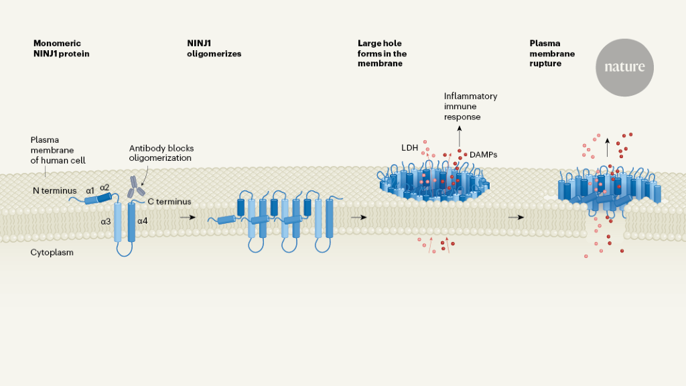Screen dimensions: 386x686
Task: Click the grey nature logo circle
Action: click(x=624, y=67)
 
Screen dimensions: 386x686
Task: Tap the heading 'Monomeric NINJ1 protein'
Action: click(x=61, y=49)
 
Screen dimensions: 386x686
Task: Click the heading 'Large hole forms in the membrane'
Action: click(x=382, y=54)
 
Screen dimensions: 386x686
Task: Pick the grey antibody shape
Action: click(x=137, y=187)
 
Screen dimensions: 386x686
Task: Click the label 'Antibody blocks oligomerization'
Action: click(x=160, y=153)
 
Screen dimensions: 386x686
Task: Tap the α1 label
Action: click(x=90, y=190)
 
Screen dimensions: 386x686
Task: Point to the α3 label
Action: click(x=107, y=220)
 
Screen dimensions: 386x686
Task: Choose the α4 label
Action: click(x=142, y=220)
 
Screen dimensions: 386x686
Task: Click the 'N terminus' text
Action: click(x=54, y=191)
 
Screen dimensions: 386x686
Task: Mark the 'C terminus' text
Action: click(x=169, y=201)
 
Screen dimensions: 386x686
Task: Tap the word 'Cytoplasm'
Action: click(x=52, y=253)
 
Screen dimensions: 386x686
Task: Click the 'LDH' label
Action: click(x=410, y=146)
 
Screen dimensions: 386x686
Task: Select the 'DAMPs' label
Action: click(x=483, y=155)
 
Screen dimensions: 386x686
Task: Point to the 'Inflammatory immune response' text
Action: click(x=470, y=107)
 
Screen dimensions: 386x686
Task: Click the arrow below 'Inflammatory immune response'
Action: click(x=460, y=137)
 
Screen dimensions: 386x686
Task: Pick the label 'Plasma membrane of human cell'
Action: click(x=58, y=150)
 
